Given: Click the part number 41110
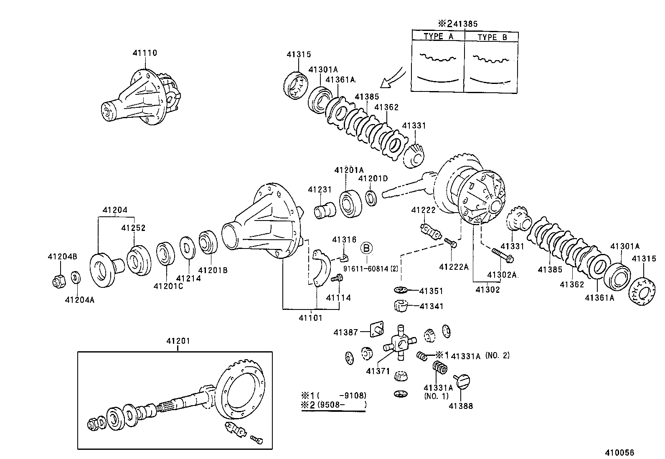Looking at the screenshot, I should pyautogui.click(x=145, y=53).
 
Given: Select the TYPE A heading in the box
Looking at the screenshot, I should pyautogui.click(x=438, y=36).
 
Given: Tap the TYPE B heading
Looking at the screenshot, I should pyautogui.click(x=492, y=37).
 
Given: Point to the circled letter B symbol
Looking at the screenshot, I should pyautogui.click(x=366, y=248).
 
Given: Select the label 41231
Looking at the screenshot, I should pyautogui.click(x=320, y=190).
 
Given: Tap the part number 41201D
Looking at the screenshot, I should pyautogui.click(x=373, y=179).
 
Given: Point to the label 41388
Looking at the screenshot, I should pyautogui.click(x=461, y=406).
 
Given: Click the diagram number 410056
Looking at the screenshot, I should pyautogui.click(x=620, y=452).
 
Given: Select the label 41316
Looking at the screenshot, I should pyautogui.click(x=344, y=240).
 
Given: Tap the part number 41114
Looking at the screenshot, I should pyautogui.click(x=338, y=298).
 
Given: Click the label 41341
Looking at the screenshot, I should pyautogui.click(x=431, y=306).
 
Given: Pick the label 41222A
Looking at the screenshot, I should pyautogui.click(x=454, y=267).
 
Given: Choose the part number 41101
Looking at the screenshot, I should pyautogui.click(x=310, y=318).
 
